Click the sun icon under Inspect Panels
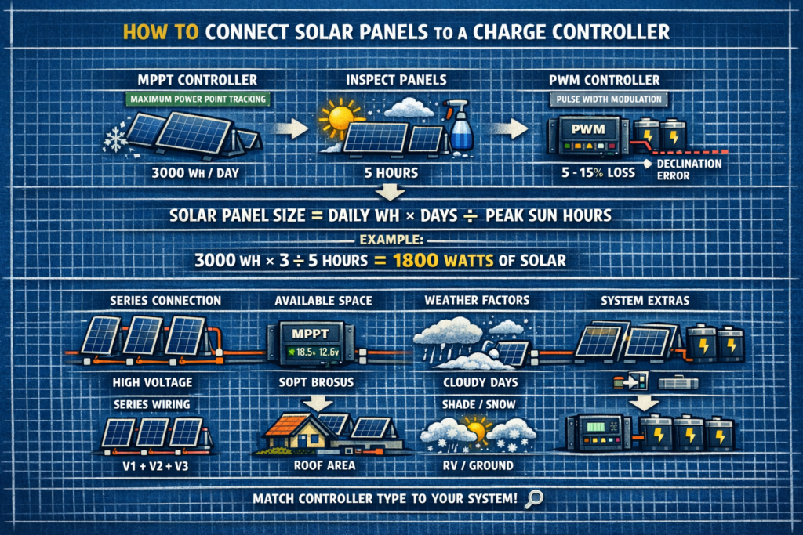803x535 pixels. coord(341,118)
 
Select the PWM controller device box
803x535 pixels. coord(580,135)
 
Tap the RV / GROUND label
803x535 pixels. coord(469,465)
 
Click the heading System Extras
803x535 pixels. coord(647,300)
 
